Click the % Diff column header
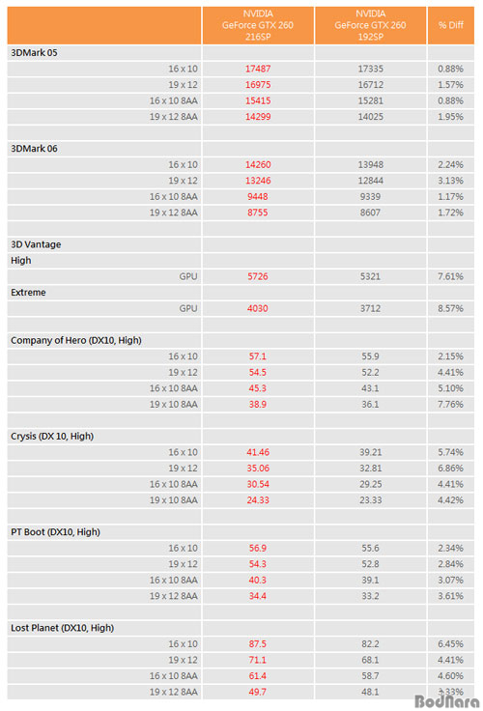(450, 25)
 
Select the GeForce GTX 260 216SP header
(258, 25)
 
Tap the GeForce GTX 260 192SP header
(370, 25)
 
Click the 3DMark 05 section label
(34, 52)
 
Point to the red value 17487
(258, 69)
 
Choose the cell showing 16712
(370, 85)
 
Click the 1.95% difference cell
(450, 117)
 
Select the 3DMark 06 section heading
(34, 148)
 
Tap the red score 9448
(258, 196)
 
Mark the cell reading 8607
(370, 213)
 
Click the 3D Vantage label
(36, 244)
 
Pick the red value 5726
(258, 276)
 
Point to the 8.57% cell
(450, 308)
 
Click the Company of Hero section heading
(76, 340)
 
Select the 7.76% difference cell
(450, 404)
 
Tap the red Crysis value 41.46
(258, 452)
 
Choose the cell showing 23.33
(370, 499)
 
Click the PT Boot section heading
(55, 532)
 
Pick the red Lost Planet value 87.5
(258, 644)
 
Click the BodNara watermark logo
(446, 701)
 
